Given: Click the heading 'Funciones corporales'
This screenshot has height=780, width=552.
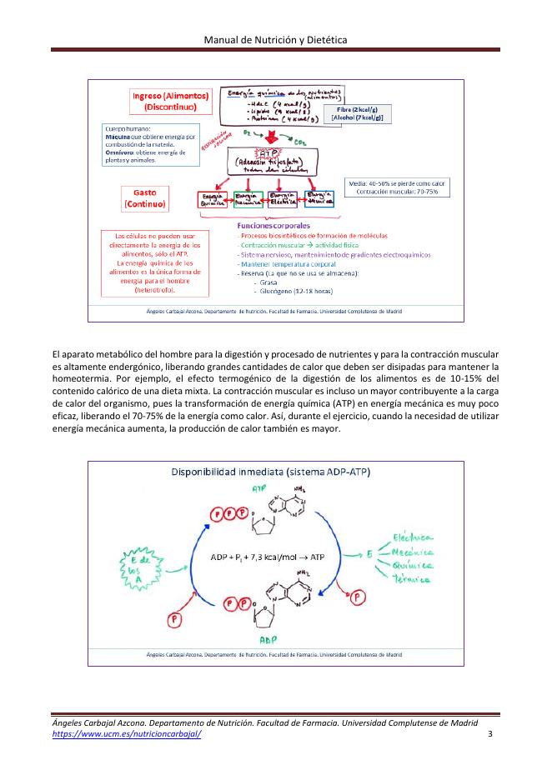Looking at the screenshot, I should [273, 225].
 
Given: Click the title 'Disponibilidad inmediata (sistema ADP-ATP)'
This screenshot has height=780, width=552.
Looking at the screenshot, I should [270, 472].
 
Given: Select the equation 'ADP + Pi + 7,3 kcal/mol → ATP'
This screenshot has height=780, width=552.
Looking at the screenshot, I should [268, 556].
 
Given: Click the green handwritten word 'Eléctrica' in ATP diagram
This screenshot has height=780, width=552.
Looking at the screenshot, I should [414, 536].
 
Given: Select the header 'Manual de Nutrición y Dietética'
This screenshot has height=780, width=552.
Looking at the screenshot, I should [276, 39].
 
